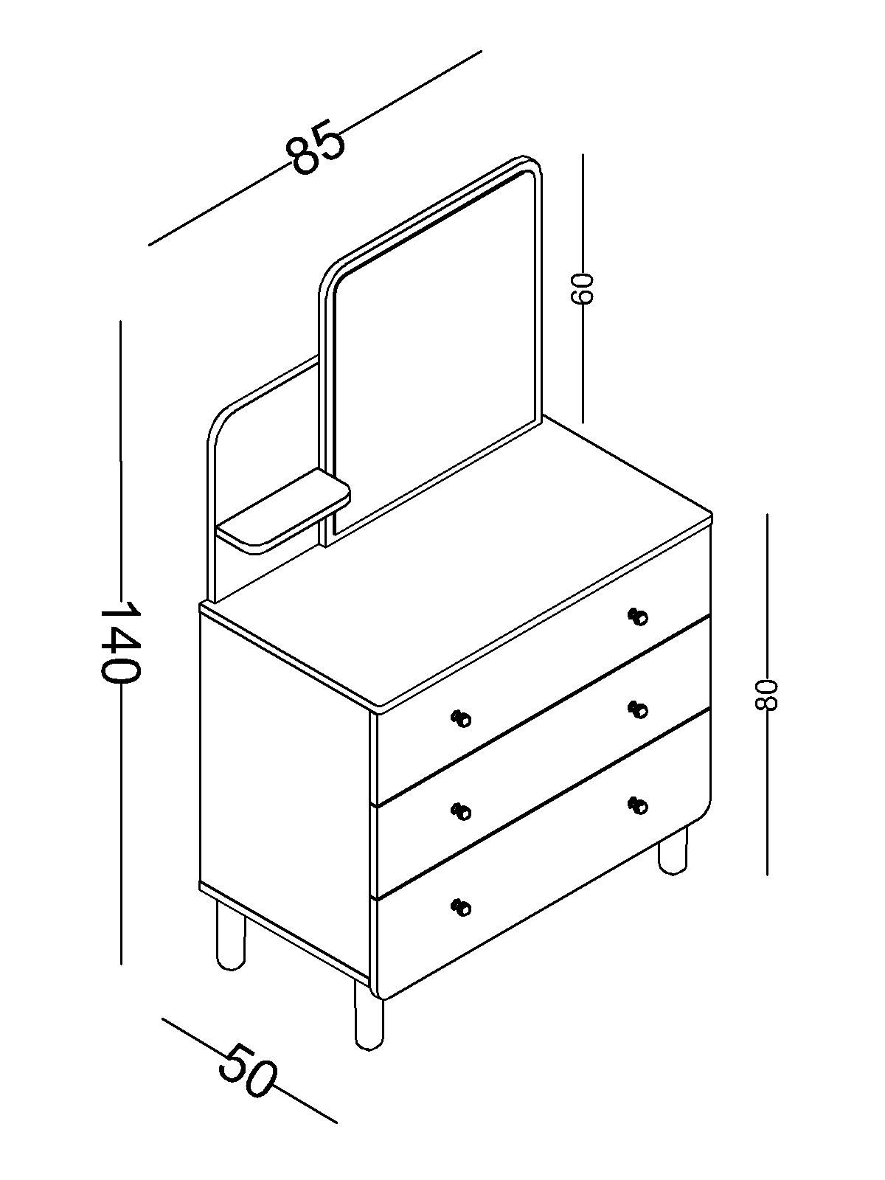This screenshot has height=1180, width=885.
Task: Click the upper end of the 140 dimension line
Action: (121, 322)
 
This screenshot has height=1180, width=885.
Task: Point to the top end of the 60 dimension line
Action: (583, 155)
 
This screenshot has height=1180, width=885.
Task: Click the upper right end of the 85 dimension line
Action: (482, 51)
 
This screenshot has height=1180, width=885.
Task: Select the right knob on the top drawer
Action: (639, 617)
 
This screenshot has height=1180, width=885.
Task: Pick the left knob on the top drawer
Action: (461, 718)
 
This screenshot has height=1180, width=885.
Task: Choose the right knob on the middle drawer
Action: (639, 711)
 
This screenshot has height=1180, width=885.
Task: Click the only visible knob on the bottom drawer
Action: (461, 907)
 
